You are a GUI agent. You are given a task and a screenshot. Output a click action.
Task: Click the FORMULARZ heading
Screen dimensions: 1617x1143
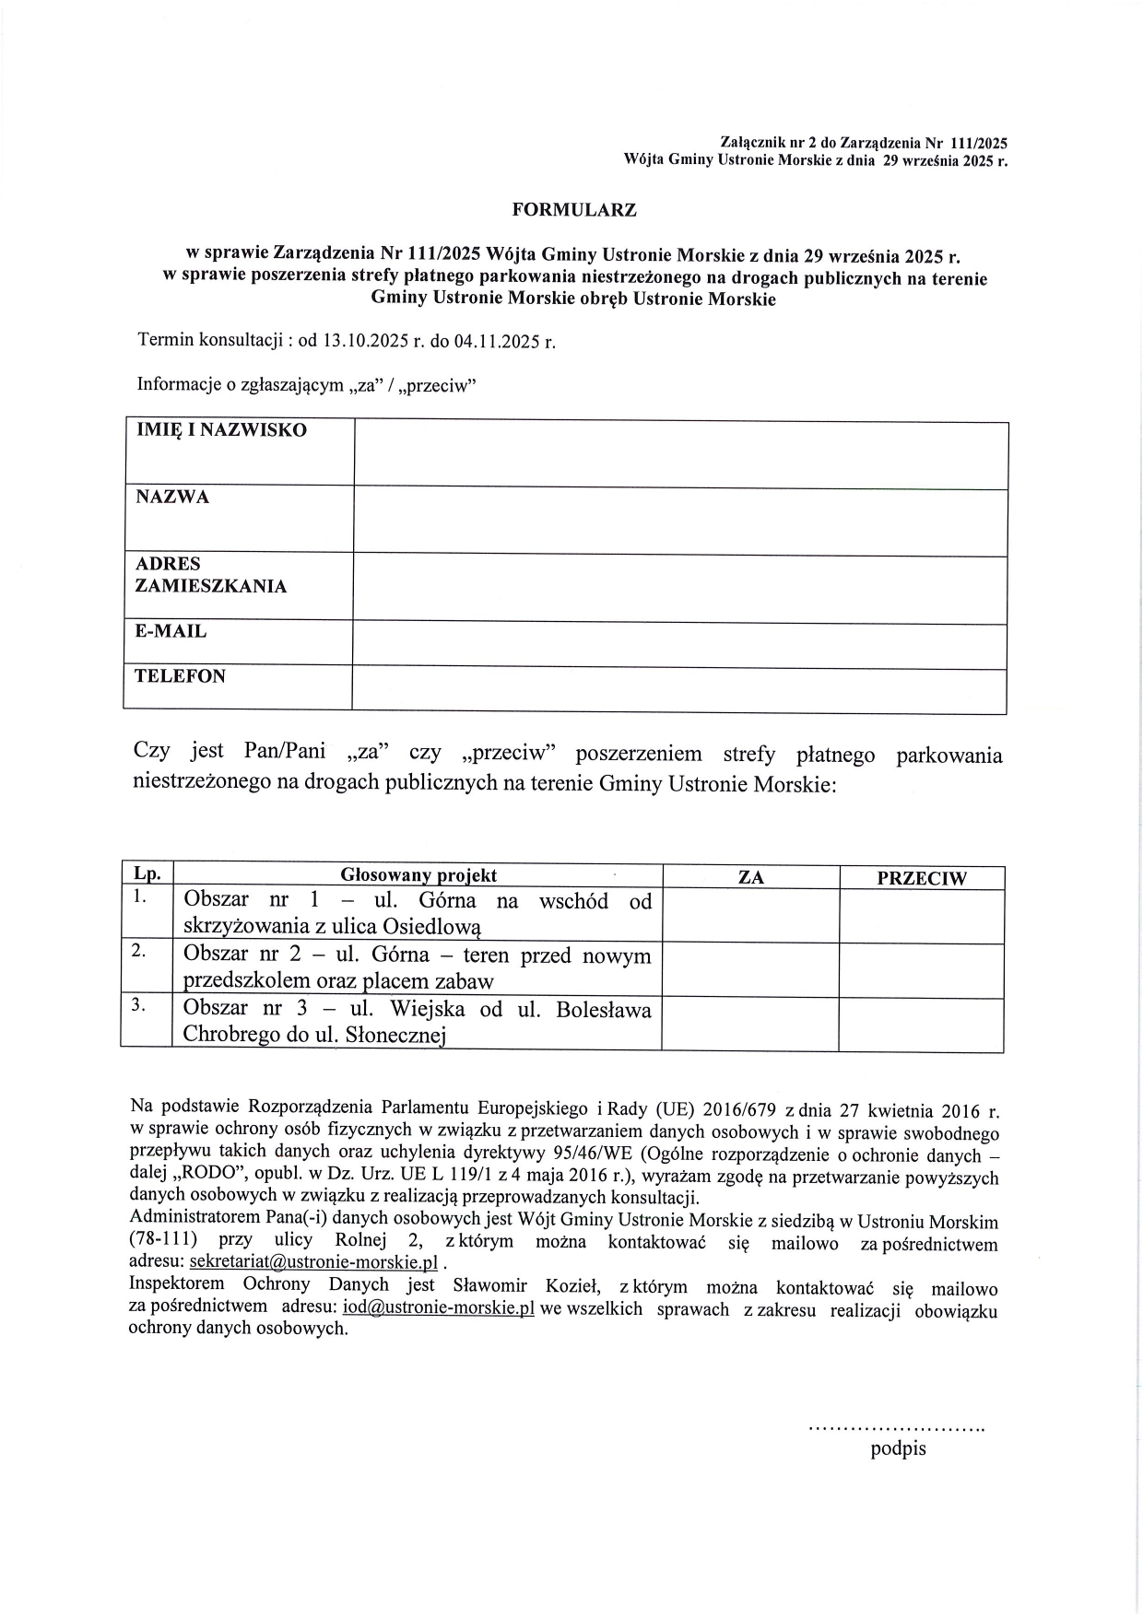574,210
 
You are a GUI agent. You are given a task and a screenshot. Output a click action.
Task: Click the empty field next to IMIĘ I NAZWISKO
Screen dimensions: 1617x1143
680,454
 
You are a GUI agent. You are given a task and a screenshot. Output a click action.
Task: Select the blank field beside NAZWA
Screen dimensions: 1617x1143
680,521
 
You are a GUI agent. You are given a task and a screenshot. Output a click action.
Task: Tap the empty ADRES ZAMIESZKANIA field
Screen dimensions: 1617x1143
680,589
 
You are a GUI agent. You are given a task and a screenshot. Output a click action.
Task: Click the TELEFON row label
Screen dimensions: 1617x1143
180,676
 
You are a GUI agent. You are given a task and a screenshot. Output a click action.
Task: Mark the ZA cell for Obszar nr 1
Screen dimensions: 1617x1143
750,915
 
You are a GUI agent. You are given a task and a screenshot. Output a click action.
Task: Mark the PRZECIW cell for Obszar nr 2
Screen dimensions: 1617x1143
921,970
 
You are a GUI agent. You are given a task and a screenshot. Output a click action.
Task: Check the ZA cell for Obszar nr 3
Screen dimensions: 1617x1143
750,1024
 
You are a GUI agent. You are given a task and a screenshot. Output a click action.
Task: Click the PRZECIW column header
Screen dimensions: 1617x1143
921,878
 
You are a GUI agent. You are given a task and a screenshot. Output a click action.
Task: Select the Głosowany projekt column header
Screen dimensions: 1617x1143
418,875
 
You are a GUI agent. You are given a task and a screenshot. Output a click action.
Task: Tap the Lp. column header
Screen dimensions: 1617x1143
147,874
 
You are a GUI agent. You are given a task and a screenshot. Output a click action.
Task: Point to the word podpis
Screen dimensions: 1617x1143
898,1448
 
